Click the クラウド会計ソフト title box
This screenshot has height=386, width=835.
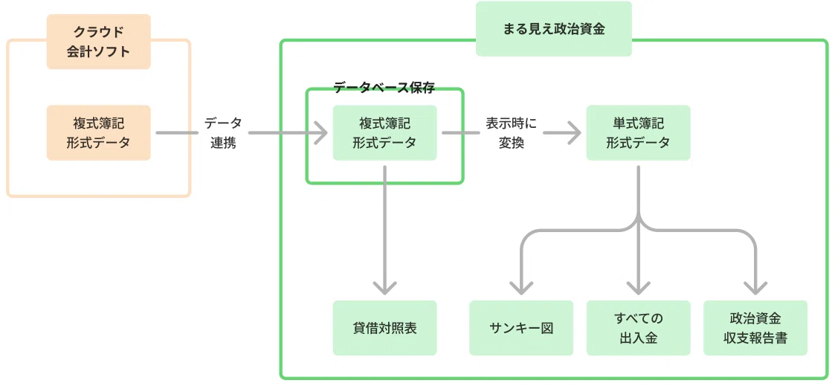[x=98, y=42]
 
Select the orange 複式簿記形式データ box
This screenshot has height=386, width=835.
[x=98, y=132]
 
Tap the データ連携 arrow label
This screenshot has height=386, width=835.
[x=222, y=132]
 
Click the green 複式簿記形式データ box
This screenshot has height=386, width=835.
[x=384, y=132]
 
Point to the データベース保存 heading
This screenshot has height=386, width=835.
[x=384, y=88]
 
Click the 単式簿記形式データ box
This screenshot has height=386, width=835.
[x=638, y=132]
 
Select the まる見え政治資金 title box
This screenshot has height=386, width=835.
[x=554, y=29]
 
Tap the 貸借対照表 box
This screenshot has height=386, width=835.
[x=384, y=328]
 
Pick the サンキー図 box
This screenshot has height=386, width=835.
[x=520, y=328]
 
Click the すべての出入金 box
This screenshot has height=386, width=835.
[x=638, y=328]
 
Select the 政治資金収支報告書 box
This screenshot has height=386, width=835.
[x=755, y=328]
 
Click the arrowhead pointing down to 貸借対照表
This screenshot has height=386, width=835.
[x=384, y=288]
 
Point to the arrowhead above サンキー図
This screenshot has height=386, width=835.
[x=520, y=288]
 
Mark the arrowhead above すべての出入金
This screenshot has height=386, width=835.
[x=638, y=288]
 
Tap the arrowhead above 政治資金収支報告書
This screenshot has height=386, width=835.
[x=755, y=288]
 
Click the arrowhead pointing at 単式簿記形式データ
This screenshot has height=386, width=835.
[x=573, y=132]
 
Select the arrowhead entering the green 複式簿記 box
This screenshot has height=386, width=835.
[x=320, y=132]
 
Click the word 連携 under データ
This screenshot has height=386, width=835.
[x=222, y=144]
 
